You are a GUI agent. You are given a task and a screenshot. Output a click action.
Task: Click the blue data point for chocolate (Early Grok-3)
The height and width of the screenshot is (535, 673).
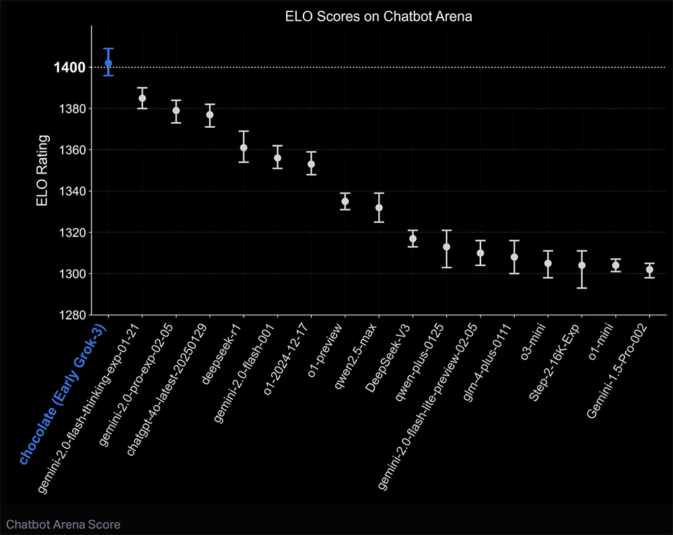click(108, 63)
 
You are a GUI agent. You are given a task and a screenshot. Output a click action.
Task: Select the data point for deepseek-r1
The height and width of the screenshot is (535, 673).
click(244, 147)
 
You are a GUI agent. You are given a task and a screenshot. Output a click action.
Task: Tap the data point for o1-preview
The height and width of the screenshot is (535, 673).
click(345, 201)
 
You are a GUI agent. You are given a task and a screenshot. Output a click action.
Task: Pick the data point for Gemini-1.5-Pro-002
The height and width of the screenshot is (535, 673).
click(649, 270)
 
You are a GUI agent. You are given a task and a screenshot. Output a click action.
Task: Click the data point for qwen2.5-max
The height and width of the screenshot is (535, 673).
click(379, 207)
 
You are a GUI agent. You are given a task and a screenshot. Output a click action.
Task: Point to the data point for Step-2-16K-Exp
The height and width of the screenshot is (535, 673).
click(582, 265)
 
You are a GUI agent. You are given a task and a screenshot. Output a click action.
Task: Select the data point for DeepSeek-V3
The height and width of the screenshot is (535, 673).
click(413, 239)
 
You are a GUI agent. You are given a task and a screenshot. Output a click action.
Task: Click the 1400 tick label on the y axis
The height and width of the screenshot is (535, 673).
click(70, 67)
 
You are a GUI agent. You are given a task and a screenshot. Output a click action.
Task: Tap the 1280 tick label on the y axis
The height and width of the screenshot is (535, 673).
click(71, 315)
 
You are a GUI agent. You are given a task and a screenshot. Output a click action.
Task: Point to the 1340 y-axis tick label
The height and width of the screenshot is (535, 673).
click(71, 191)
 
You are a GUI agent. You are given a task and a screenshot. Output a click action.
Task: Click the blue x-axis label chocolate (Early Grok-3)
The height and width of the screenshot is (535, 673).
click(65, 390)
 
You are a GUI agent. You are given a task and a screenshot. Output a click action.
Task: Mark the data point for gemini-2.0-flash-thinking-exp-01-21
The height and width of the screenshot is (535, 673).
click(142, 98)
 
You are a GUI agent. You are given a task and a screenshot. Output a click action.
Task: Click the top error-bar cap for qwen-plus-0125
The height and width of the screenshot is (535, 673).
click(447, 230)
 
